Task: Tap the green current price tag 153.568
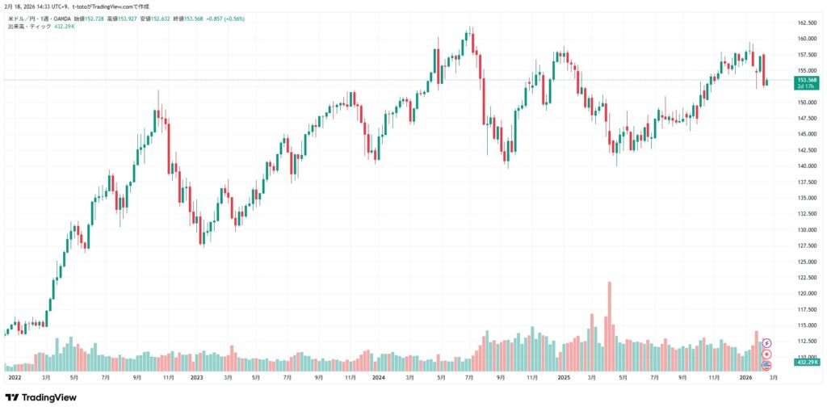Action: tap(807, 80)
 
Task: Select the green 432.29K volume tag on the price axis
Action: tap(807, 364)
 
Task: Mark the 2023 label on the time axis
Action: tap(196, 377)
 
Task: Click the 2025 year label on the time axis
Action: tap(563, 377)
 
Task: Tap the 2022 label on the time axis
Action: tap(14, 377)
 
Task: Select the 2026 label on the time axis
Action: tap(745, 377)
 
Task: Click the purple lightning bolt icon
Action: tap(766, 343)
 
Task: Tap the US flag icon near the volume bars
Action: tap(766, 365)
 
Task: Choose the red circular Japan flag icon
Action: tap(766, 354)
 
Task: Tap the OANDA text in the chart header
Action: tap(60, 18)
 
